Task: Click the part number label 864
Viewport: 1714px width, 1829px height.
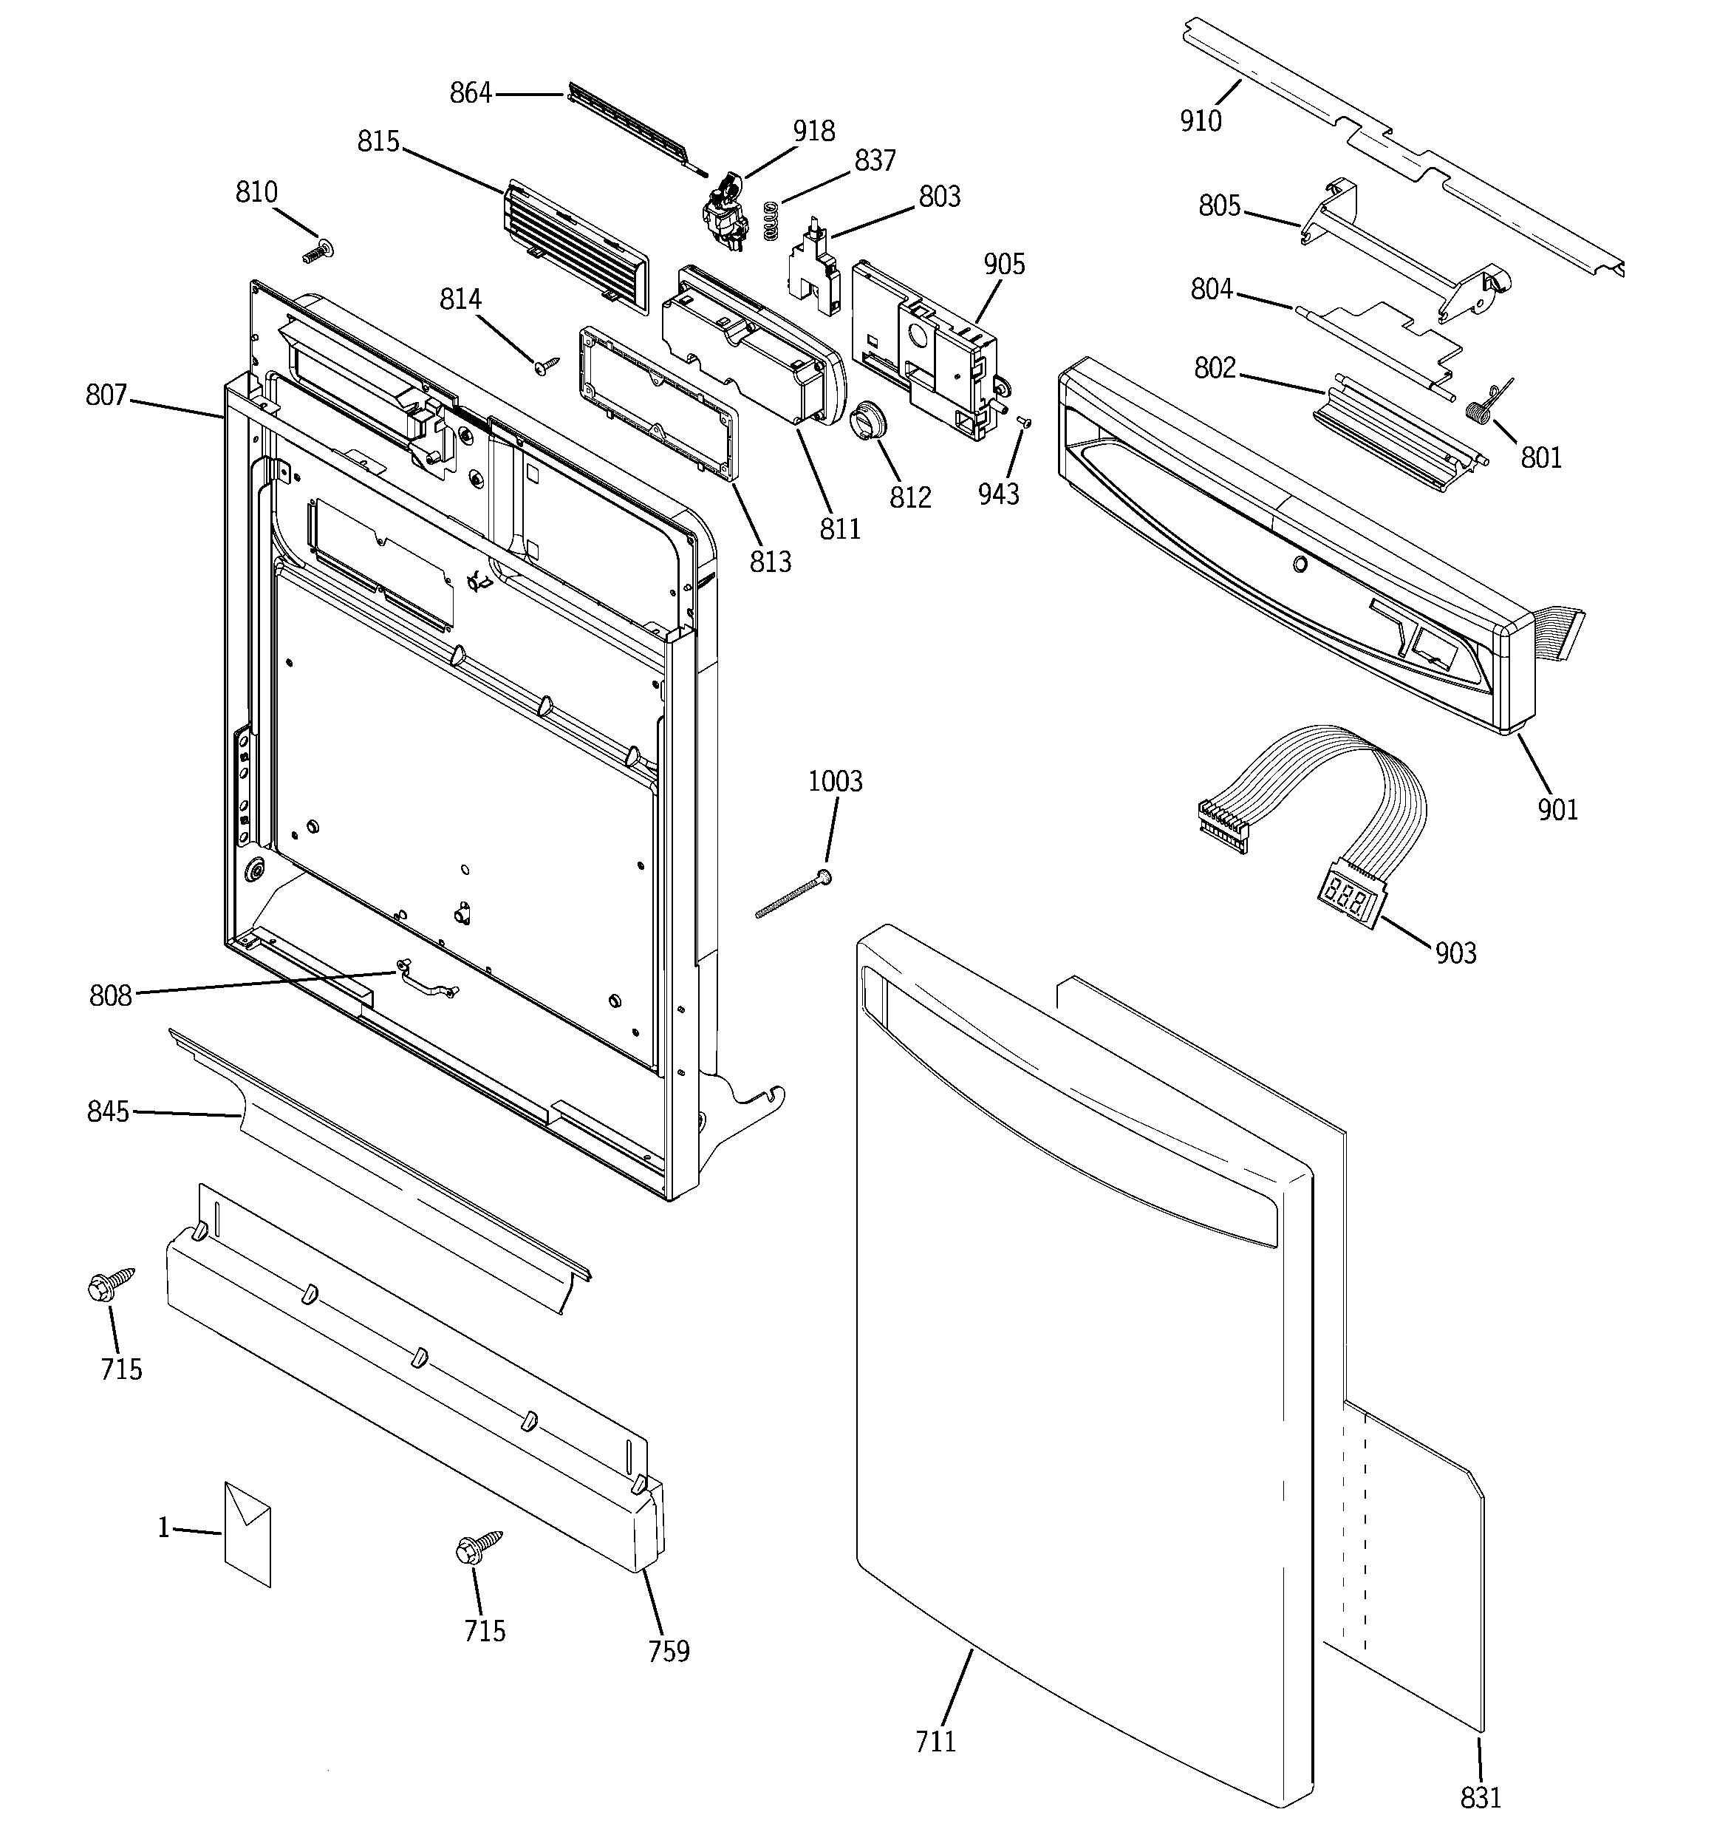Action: pyautogui.click(x=470, y=93)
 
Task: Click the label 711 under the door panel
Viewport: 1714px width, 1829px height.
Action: pyautogui.click(x=935, y=1740)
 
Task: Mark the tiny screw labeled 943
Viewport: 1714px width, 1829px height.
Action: pyautogui.click(x=1026, y=422)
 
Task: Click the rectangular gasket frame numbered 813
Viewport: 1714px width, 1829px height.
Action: pyautogui.click(x=659, y=404)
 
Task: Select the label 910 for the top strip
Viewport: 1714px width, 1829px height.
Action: pyautogui.click(x=1201, y=120)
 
